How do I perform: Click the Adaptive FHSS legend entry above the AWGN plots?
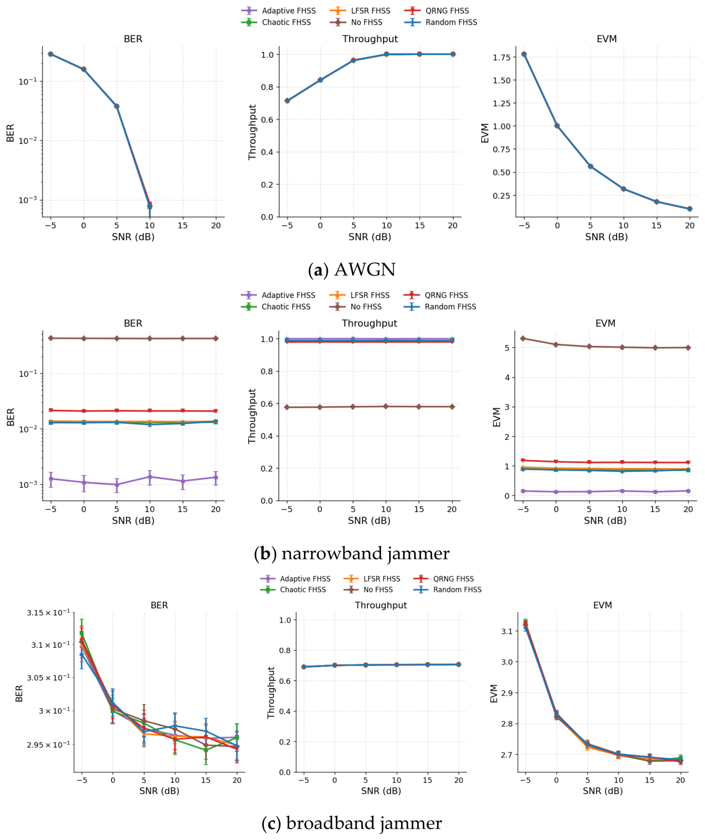[x=279, y=11]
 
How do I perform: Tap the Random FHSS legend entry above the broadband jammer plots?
[x=447, y=590]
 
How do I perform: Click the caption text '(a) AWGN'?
[x=352, y=269]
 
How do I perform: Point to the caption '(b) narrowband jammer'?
[x=352, y=553]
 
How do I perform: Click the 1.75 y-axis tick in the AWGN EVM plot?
[x=502, y=57]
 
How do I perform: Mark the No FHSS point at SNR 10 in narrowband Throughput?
[x=386, y=406]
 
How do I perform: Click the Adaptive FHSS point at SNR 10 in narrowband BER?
[x=150, y=477]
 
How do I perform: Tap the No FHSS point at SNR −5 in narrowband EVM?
[x=523, y=338]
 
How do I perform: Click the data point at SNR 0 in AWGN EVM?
[x=557, y=126]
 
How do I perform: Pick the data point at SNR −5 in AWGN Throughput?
[x=287, y=101]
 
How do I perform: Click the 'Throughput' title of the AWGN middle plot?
[x=370, y=39]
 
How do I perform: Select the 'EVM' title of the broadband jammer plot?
[x=602, y=605]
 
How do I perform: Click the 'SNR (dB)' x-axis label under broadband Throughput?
[x=381, y=791]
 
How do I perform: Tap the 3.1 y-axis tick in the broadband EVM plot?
[x=507, y=631]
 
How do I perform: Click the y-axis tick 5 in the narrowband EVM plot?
[x=507, y=348]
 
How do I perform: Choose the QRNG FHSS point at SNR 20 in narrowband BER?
[x=216, y=411]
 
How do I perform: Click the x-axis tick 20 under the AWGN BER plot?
[x=216, y=225]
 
